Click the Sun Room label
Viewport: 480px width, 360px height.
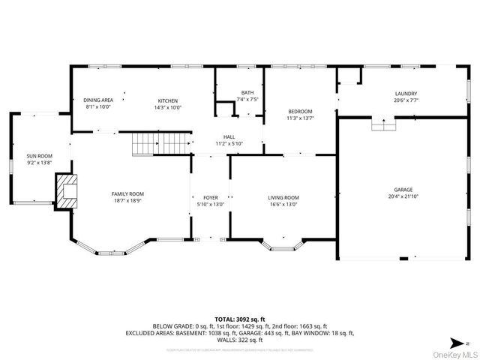[40, 156]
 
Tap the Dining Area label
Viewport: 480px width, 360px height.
[97, 100]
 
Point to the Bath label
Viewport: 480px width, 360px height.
[247, 92]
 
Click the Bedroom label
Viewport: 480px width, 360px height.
[300, 111]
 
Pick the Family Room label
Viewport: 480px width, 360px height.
[127, 193]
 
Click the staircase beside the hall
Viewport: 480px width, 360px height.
[161, 142]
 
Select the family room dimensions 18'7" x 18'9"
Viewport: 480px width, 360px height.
[127, 200]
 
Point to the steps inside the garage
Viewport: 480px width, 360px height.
[383, 124]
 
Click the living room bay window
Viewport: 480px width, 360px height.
[283, 244]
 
